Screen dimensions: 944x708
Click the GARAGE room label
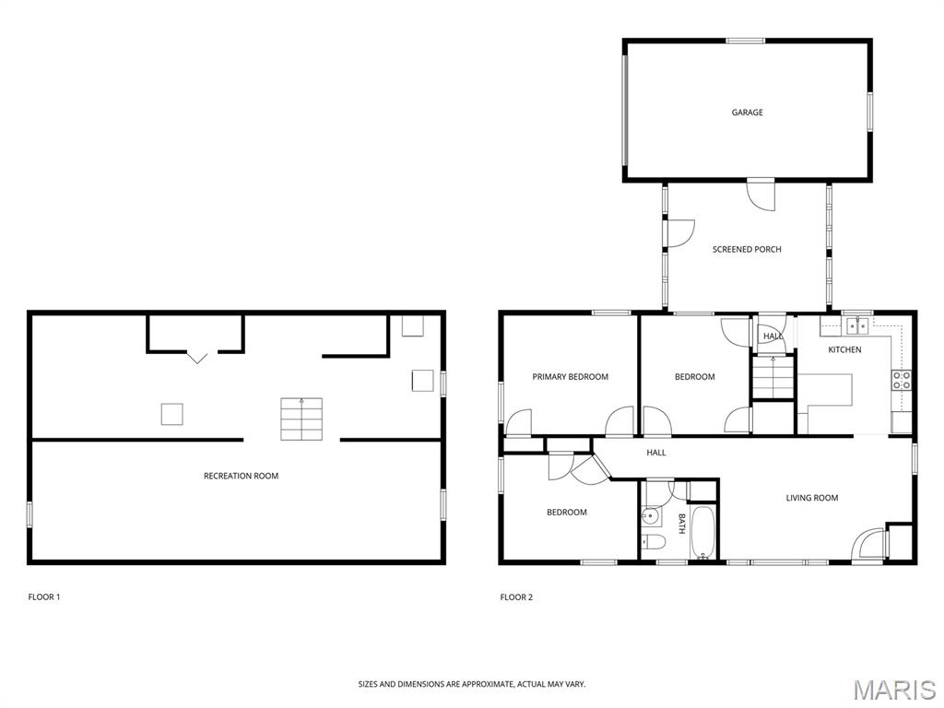(747, 112)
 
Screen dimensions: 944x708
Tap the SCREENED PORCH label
(747, 249)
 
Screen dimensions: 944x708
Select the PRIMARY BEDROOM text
(570, 377)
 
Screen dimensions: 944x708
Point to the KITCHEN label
(844, 349)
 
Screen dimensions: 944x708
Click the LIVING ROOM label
(812, 498)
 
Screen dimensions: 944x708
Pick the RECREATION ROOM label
(241, 477)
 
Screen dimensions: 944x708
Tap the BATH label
(681, 524)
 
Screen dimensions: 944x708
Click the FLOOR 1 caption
(44, 597)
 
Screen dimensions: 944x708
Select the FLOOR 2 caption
(516, 597)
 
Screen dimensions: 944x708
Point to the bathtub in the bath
(702, 533)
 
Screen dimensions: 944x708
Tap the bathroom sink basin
(650, 516)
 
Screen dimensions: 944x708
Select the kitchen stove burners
(902, 380)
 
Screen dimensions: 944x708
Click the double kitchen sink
(857, 325)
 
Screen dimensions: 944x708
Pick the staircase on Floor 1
(301, 419)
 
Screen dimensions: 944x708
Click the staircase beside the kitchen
(773, 377)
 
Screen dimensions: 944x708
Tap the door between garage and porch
(761, 194)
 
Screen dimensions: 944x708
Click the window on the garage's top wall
(745, 41)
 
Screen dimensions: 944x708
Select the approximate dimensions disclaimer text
(472, 685)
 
